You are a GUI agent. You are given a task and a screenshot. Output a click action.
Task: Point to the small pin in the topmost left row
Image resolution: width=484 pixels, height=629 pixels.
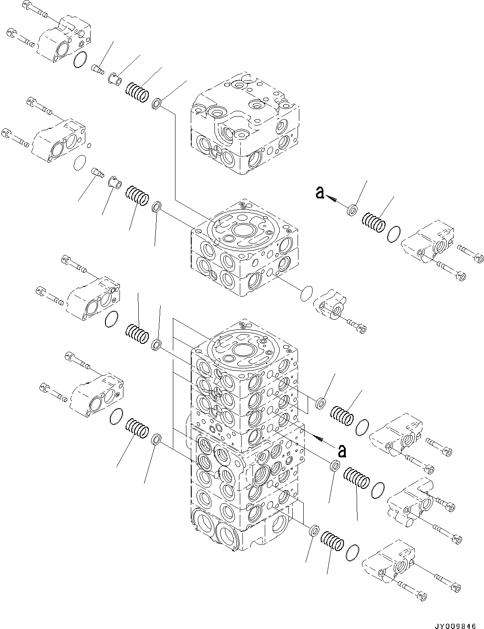click(x=97, y=69)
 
